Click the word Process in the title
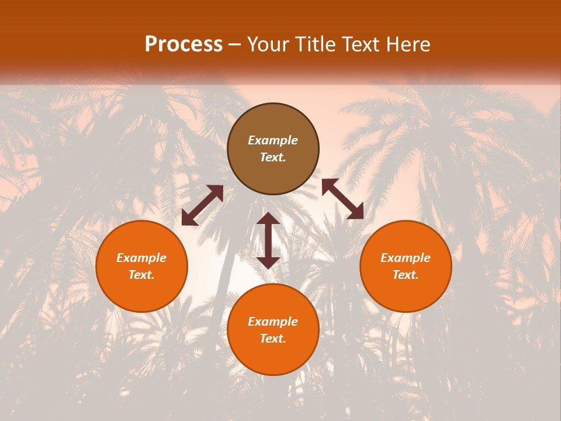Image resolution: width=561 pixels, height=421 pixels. [x=183, y=44]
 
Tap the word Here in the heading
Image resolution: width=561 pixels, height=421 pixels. [x=407, y=44]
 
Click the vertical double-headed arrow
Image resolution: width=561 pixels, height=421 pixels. [x=268, y=240]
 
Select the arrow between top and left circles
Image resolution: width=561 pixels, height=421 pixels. [x=202, y=205]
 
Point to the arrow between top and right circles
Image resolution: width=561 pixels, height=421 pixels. [x=342, y=199]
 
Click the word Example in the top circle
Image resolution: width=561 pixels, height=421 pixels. [x=273, y=140]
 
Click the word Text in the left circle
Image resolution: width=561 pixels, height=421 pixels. [x=141, y=275]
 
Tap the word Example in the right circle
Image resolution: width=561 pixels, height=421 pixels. [x=406, y=258]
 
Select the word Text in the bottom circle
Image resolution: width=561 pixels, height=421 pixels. [x=273, y=339]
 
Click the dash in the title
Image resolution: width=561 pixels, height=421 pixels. [x=235, y=45]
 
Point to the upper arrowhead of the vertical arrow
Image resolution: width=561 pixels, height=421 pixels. [x=268, y=219]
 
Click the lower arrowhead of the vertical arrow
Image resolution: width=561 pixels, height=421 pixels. [x=268, y=262]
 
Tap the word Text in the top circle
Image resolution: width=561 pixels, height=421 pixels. [x=273, y=157]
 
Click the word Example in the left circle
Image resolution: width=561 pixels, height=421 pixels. [x=141, y=258]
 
